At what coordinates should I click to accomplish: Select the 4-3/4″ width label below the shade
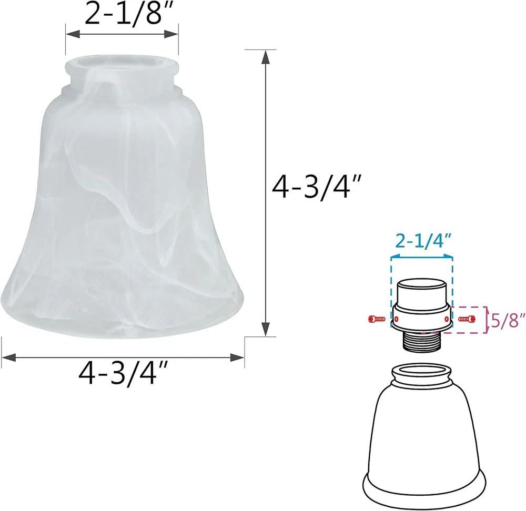[123, 373]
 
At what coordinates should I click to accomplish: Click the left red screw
[377, 319]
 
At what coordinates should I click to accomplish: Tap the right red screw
[467, 319]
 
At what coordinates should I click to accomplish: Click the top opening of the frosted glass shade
[122, 64]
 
